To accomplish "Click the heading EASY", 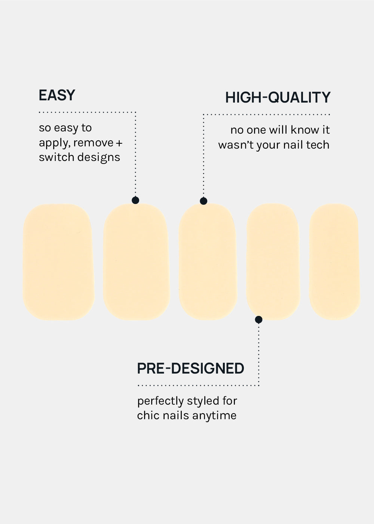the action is pyautogui.click(x=57, y=95).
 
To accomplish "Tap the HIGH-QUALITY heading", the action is pyautogui.click(x=278, y=97).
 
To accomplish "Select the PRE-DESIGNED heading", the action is pyautogui.click(x=190, y=368).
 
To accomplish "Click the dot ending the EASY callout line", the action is pyautogui.click(x=135, y=200).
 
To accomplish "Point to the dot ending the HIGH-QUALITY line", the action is pyautogui.click(x=203, y=201).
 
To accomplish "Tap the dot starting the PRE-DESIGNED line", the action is pyautogui.click(x=258, y=320).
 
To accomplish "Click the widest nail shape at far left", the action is pyautogui.click(x=58, y=262).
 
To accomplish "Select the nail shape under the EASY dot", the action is pyautogui.click(x=137, y=262).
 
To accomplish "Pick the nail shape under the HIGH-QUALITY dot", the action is pyautogui.click(x=208, y=262).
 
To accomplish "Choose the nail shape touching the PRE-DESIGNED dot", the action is pyautogui.click(x=273, y=262).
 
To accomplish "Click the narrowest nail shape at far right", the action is pyautogui.click(x=335, y=262).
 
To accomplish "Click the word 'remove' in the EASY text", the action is pyautogui.click(x=93, y=143).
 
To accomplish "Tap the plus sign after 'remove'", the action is pyautogui.click(x=119, y=143).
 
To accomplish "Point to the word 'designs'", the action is pyautogui.click(x=99, y=158).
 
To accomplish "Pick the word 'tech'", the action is pyautogui.click(x=318, y=145).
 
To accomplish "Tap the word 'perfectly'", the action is pyautogui.click(x=160, y=401).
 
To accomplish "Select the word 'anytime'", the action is pyautogui.click(x=214, y=416).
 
